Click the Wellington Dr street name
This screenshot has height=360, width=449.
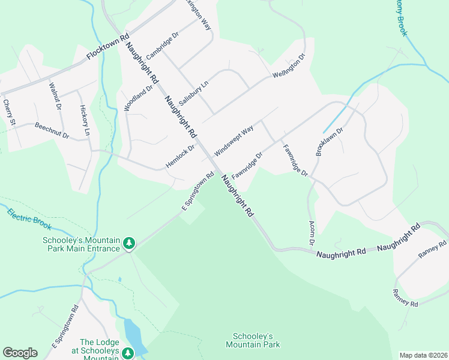tap(289, 67)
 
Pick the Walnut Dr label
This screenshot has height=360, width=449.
tap(55, 97)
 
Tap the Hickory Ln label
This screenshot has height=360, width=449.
tap(85, 121)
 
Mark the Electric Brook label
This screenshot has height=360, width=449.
tap(29, 218)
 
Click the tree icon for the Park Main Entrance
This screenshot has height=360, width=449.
tap(128, 244)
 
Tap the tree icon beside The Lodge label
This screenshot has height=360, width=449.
tap(128, 353)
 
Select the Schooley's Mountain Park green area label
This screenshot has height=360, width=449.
tap(253, 340)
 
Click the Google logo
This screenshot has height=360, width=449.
tap(20, 352)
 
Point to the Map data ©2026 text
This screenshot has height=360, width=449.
tap(423, 355)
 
